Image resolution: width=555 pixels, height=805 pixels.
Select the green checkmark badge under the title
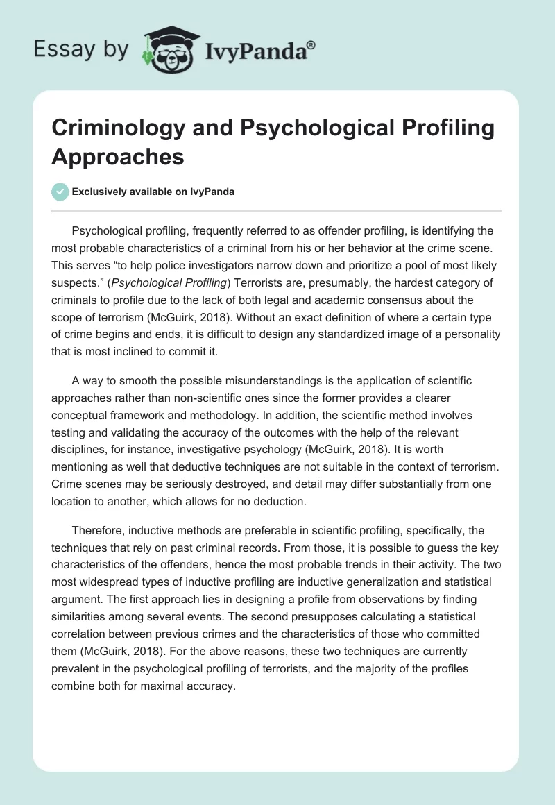60,192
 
